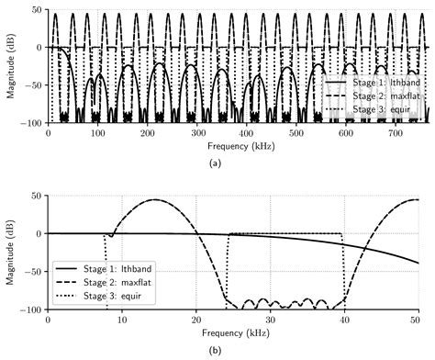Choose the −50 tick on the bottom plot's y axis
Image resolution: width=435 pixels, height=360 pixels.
(33, 272)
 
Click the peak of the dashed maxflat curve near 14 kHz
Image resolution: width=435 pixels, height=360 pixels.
(153, 199)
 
